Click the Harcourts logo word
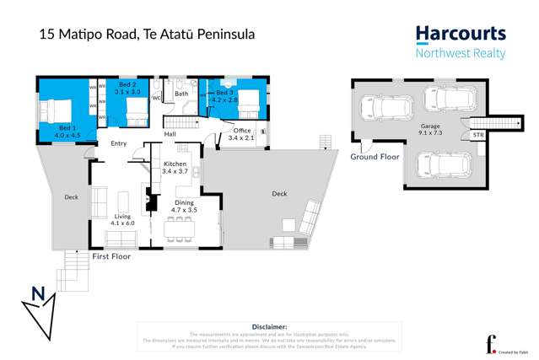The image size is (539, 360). coord(461,35)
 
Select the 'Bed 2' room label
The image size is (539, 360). coord(127,85)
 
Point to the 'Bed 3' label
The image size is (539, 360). coord(224,93)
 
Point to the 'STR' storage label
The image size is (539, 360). coord(478,134)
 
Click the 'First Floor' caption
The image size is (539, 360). coord(111,255)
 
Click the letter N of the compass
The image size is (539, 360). coord(37,293)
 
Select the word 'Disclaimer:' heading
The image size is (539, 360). coord(269,325)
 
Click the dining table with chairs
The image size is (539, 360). coord(180,225)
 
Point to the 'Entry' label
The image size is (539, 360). coord(118,143)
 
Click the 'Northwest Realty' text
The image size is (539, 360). coord(461,54)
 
